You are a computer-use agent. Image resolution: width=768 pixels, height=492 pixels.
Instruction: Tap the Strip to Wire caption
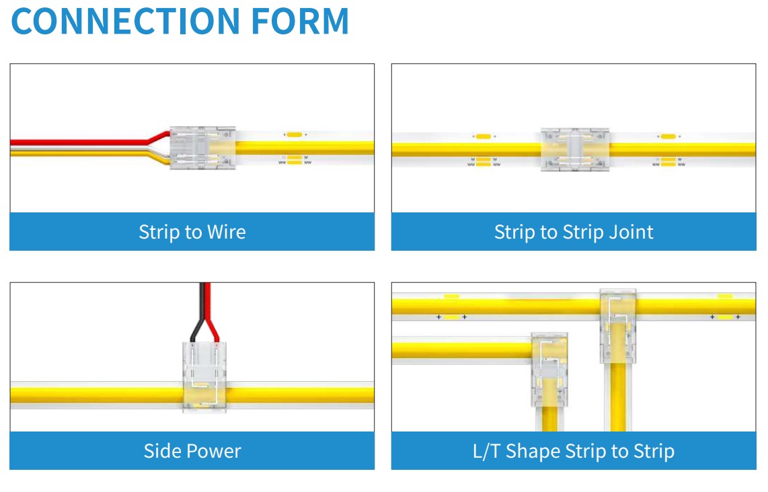tap(192, 232)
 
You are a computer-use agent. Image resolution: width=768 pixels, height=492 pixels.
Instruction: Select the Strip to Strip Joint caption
tap(574, 232)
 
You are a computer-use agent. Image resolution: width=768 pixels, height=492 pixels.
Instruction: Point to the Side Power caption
tap(192, 450)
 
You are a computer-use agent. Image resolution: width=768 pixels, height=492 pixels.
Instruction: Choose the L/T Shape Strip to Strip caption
tap(574, 450)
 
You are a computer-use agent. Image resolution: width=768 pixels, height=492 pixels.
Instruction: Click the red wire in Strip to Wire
tap(81, 142)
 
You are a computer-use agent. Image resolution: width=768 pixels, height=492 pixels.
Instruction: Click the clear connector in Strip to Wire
tap(202, 148)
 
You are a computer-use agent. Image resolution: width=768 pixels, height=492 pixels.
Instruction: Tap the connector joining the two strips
tap(575, 150)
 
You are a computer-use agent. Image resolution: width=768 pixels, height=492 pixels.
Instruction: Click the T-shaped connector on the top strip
tap(617, 326)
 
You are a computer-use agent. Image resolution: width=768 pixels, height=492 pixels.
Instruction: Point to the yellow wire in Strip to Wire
tap(81, 153)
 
